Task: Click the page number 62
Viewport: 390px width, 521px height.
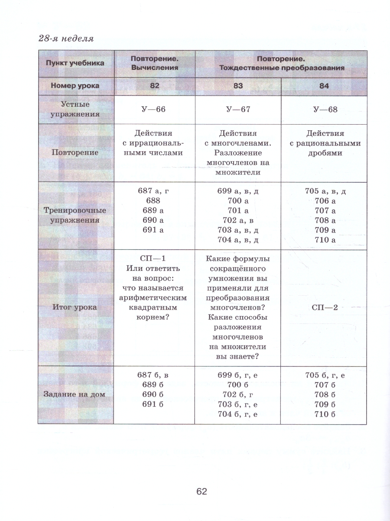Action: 202,491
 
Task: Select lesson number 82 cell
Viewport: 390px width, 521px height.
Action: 154,86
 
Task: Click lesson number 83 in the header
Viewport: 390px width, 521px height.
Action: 238,86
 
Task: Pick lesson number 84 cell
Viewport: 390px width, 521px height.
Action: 324,86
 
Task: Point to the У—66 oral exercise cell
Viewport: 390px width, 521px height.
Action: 154,109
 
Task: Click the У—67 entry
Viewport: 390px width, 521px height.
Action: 238,109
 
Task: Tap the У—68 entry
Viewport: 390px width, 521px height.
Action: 325,109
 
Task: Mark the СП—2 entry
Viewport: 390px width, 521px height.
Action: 325,307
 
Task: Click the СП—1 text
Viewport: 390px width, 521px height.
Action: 154,259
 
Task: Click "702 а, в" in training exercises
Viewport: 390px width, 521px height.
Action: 238,220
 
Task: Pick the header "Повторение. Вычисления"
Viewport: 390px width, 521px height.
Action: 154,63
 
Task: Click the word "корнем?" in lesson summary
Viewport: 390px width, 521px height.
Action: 154,317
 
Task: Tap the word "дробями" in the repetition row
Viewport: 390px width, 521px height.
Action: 325,153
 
